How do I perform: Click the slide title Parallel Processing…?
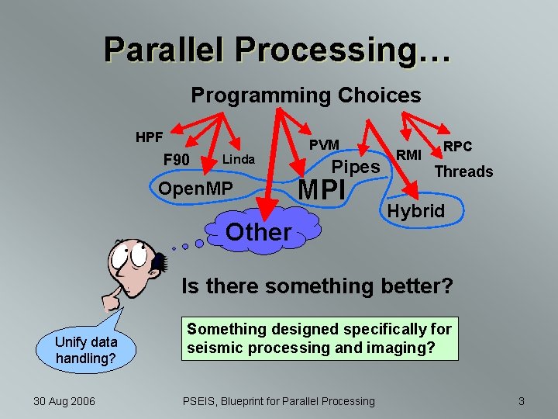277,50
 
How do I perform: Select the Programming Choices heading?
306,95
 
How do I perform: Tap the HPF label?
149,137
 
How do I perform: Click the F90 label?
177,160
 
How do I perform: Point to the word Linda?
238,159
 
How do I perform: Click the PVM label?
324,145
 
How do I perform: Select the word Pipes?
356,167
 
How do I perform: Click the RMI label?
408,154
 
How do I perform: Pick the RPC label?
457,147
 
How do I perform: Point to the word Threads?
463,171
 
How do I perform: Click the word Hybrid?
416,211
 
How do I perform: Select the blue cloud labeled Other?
259,231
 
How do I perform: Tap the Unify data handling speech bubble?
86,350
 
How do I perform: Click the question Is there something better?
317,286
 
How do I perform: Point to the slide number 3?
522,400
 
